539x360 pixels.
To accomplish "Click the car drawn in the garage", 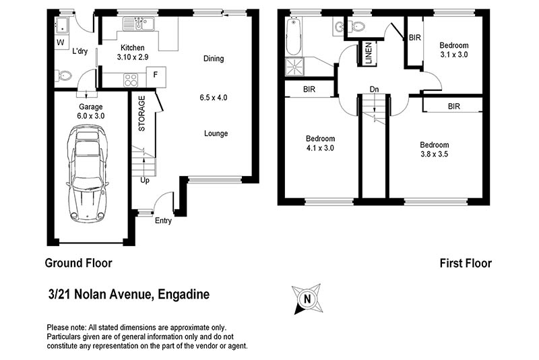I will point(87,174).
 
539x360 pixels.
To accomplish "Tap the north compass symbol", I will point(307,298).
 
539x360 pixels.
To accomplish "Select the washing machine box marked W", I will point(61,42).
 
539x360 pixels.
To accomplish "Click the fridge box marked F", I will point(156,75).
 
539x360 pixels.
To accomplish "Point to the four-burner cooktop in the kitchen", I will point(131,80).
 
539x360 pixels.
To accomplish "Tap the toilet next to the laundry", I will point(65,76).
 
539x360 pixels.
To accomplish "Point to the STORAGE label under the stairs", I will point(141,113).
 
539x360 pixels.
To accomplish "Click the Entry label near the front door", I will point(163,220).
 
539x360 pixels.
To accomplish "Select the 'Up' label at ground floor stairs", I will point(145,180).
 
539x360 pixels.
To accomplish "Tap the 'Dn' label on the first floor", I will point(374,90).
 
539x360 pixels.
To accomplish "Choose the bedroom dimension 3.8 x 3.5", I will point(434,154).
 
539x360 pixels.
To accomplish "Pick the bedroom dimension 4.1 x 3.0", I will point(320,148).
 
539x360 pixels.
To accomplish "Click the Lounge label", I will point(216,133).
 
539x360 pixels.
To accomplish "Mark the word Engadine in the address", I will point(184,294).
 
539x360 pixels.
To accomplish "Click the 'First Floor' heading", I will point(466,263).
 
